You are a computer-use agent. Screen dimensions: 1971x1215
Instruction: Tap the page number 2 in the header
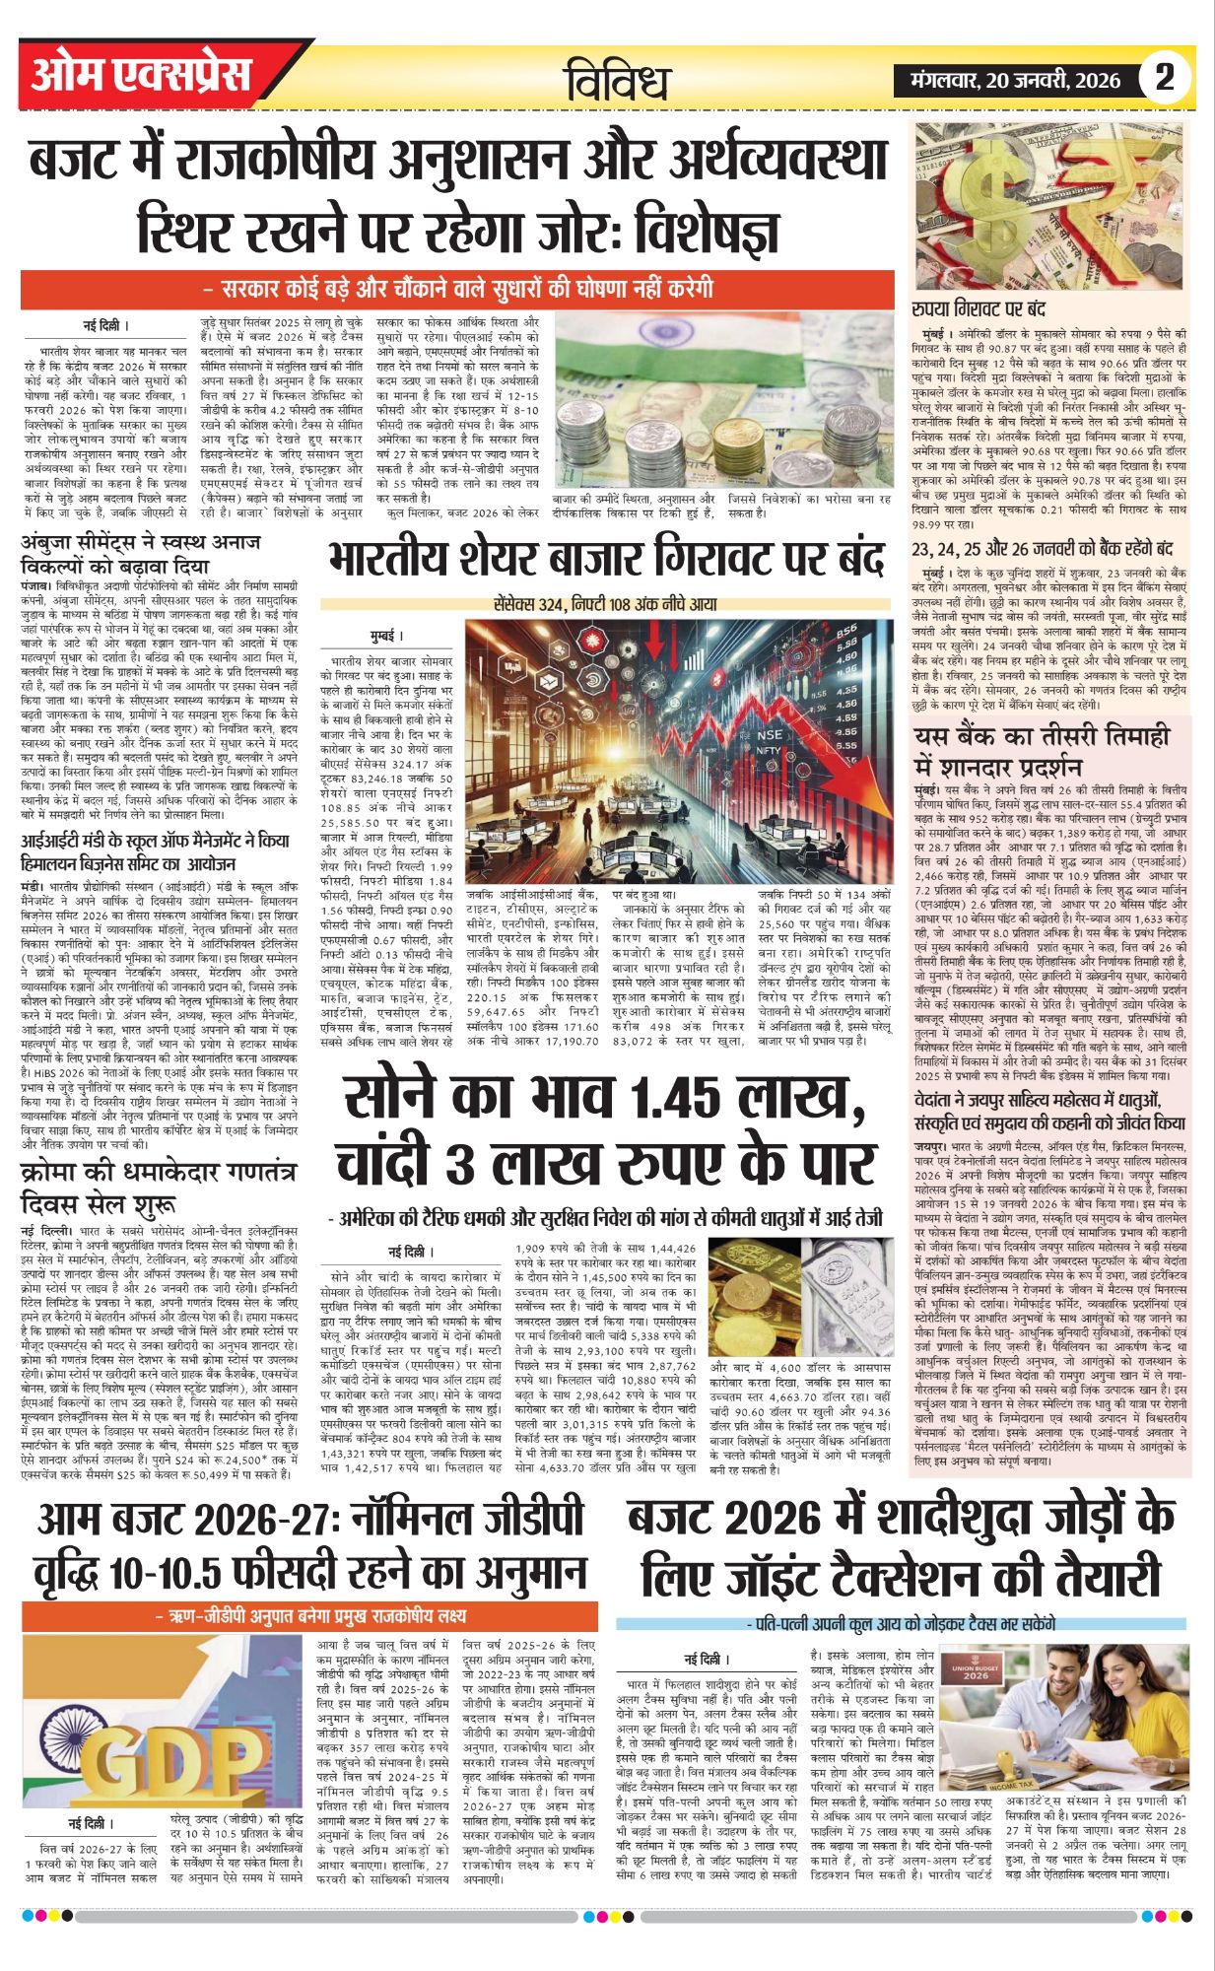[x=1165, y=77]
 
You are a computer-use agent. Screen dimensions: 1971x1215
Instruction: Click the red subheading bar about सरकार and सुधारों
[x=456, y=290]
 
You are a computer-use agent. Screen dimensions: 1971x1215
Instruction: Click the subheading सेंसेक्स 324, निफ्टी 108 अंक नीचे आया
[x=605, y=603]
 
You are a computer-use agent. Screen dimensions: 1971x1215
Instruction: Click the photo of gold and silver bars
[x=798, y=1297]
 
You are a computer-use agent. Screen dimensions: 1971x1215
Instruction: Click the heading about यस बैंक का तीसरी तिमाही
[x=1042, y=750]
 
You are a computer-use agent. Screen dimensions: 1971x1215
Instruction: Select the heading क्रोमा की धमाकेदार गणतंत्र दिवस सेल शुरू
[x=158, y=1187]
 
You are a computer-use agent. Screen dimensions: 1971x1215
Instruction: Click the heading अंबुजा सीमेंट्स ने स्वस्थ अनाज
[x=141, y=553]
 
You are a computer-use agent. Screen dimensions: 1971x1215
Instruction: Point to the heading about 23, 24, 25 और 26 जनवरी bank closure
[x=1042, y=548]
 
